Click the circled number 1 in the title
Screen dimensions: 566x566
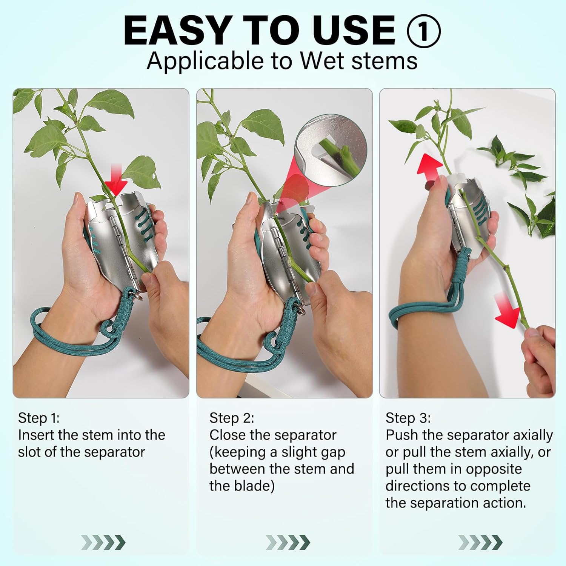click(423, 31)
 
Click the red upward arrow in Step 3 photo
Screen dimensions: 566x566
click(430, 166)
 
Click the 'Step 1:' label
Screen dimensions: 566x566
click(39, 418)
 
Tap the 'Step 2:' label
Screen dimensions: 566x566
click(232, 418)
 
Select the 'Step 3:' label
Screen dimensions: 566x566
click(408, 418)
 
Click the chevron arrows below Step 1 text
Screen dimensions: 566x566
click(103, 543)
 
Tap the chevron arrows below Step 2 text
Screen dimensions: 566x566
click(288, 543)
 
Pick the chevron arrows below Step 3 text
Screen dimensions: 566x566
click(480, 543)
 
